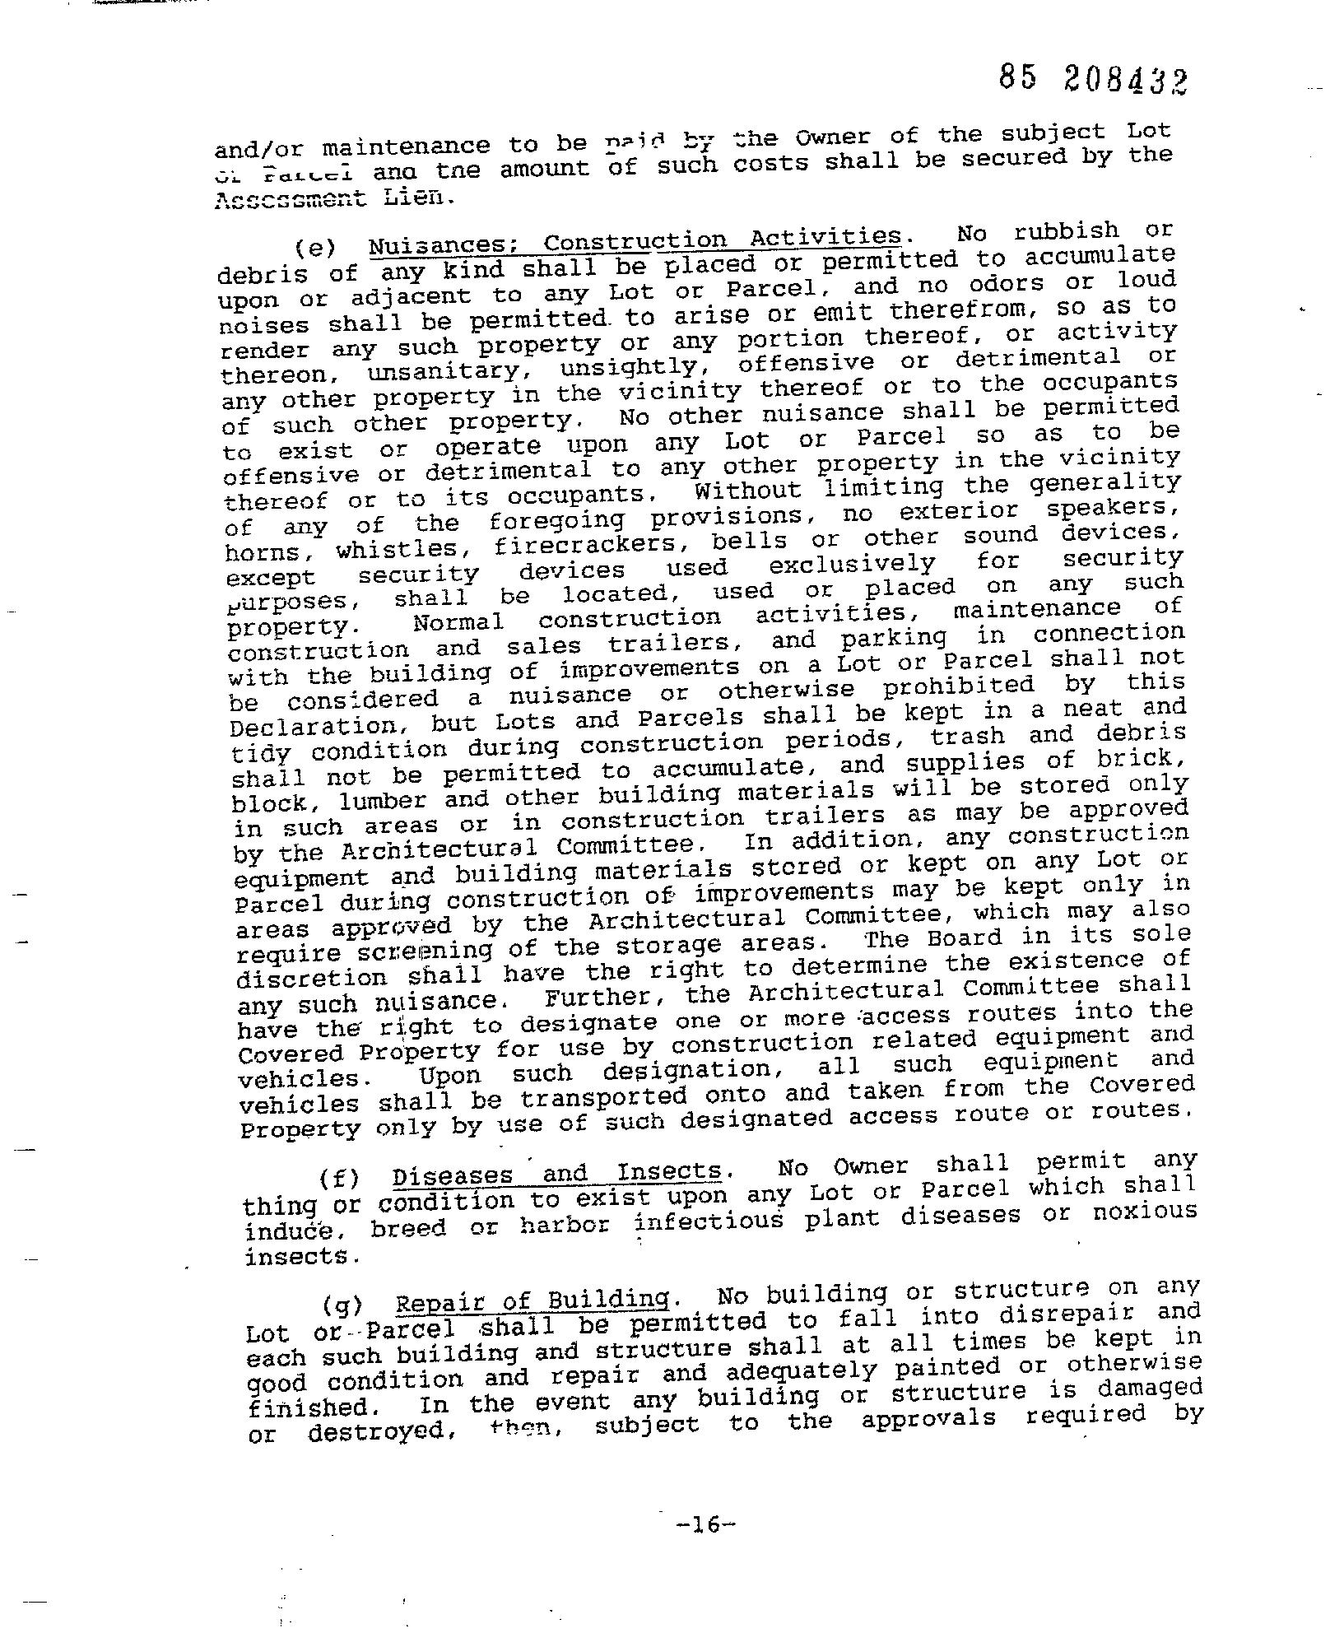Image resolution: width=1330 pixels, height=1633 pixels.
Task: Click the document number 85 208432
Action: [1094, 80]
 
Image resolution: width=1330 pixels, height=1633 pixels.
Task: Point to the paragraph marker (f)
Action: [339, 1179]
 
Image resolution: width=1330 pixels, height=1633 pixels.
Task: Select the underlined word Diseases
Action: [452, 1176]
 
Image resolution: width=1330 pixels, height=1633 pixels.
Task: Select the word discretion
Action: [311, 979]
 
